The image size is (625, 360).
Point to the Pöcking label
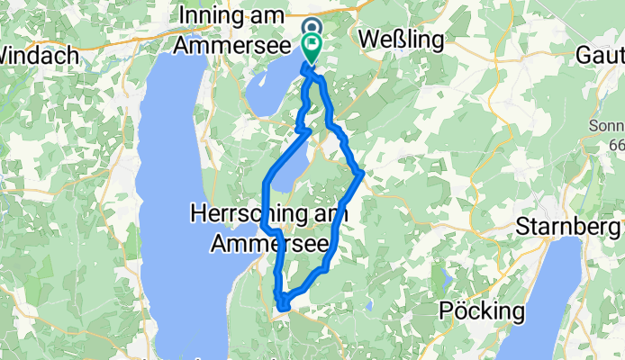coord(483,312)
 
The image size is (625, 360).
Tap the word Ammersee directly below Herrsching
coord(260,242)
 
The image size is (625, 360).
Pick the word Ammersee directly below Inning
coord(232,43)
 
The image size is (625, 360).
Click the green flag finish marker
coord(312,45)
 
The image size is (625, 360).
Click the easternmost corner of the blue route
coord(361,173)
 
